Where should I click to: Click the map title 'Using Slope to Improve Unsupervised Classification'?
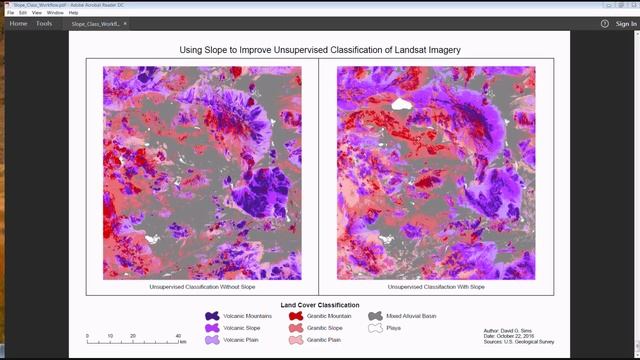(x=319, y=49)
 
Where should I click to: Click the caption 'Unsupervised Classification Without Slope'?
(x=202, y=287)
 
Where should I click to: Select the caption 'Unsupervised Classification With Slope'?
(x=435, y=287)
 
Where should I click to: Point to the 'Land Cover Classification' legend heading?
(x=320, y=305)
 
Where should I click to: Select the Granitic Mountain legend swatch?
(x=297, y=316)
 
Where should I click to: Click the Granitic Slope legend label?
(x=325, y=328)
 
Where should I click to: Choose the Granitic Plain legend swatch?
(x=297, y=340)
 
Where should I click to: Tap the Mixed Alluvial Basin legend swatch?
(x=375, y=316)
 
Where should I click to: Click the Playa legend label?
(x=396, y=328)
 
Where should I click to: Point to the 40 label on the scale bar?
(x=179, y=336)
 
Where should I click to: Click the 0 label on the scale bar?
(x=88, y=336)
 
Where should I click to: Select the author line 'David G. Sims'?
(x=509, y=330)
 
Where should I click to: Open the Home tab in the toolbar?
(x=18, y=22)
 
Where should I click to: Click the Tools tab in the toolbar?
(x=45, y=22)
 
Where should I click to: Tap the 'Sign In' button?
(x=625, y=22)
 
